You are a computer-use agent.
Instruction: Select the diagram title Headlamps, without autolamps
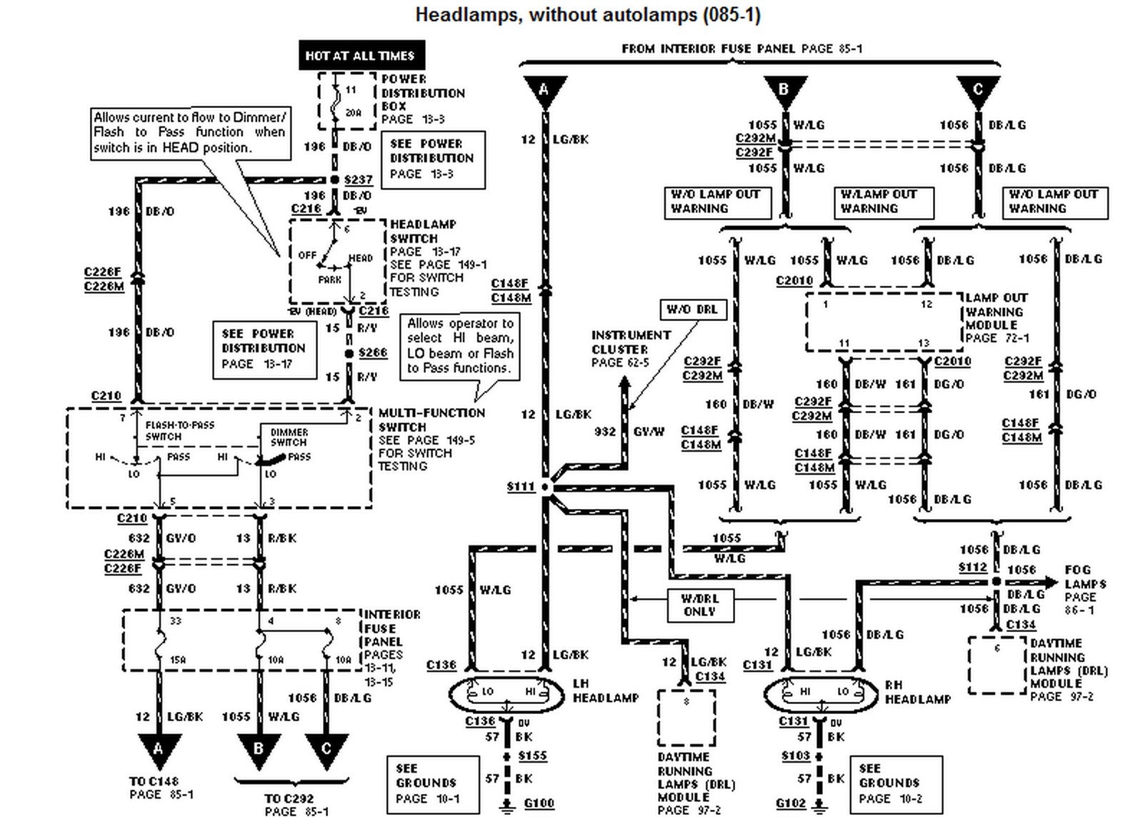click(587, 14)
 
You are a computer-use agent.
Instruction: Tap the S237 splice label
click(358, 179)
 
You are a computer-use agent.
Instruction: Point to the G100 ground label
click(539, 803)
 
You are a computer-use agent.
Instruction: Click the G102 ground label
click(791, 803)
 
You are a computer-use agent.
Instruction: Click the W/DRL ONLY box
click(699, 605)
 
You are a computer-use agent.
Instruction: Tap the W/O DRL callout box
click(692, 310)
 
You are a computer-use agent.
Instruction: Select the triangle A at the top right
click(544, 90)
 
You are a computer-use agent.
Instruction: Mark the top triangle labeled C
click(977, 90)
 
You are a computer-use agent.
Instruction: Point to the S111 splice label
click(521, 487)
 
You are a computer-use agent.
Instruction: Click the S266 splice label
click(372, 352)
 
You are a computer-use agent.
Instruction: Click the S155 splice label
click(532, 756)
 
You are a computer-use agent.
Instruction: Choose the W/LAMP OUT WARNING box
click(883, 202)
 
